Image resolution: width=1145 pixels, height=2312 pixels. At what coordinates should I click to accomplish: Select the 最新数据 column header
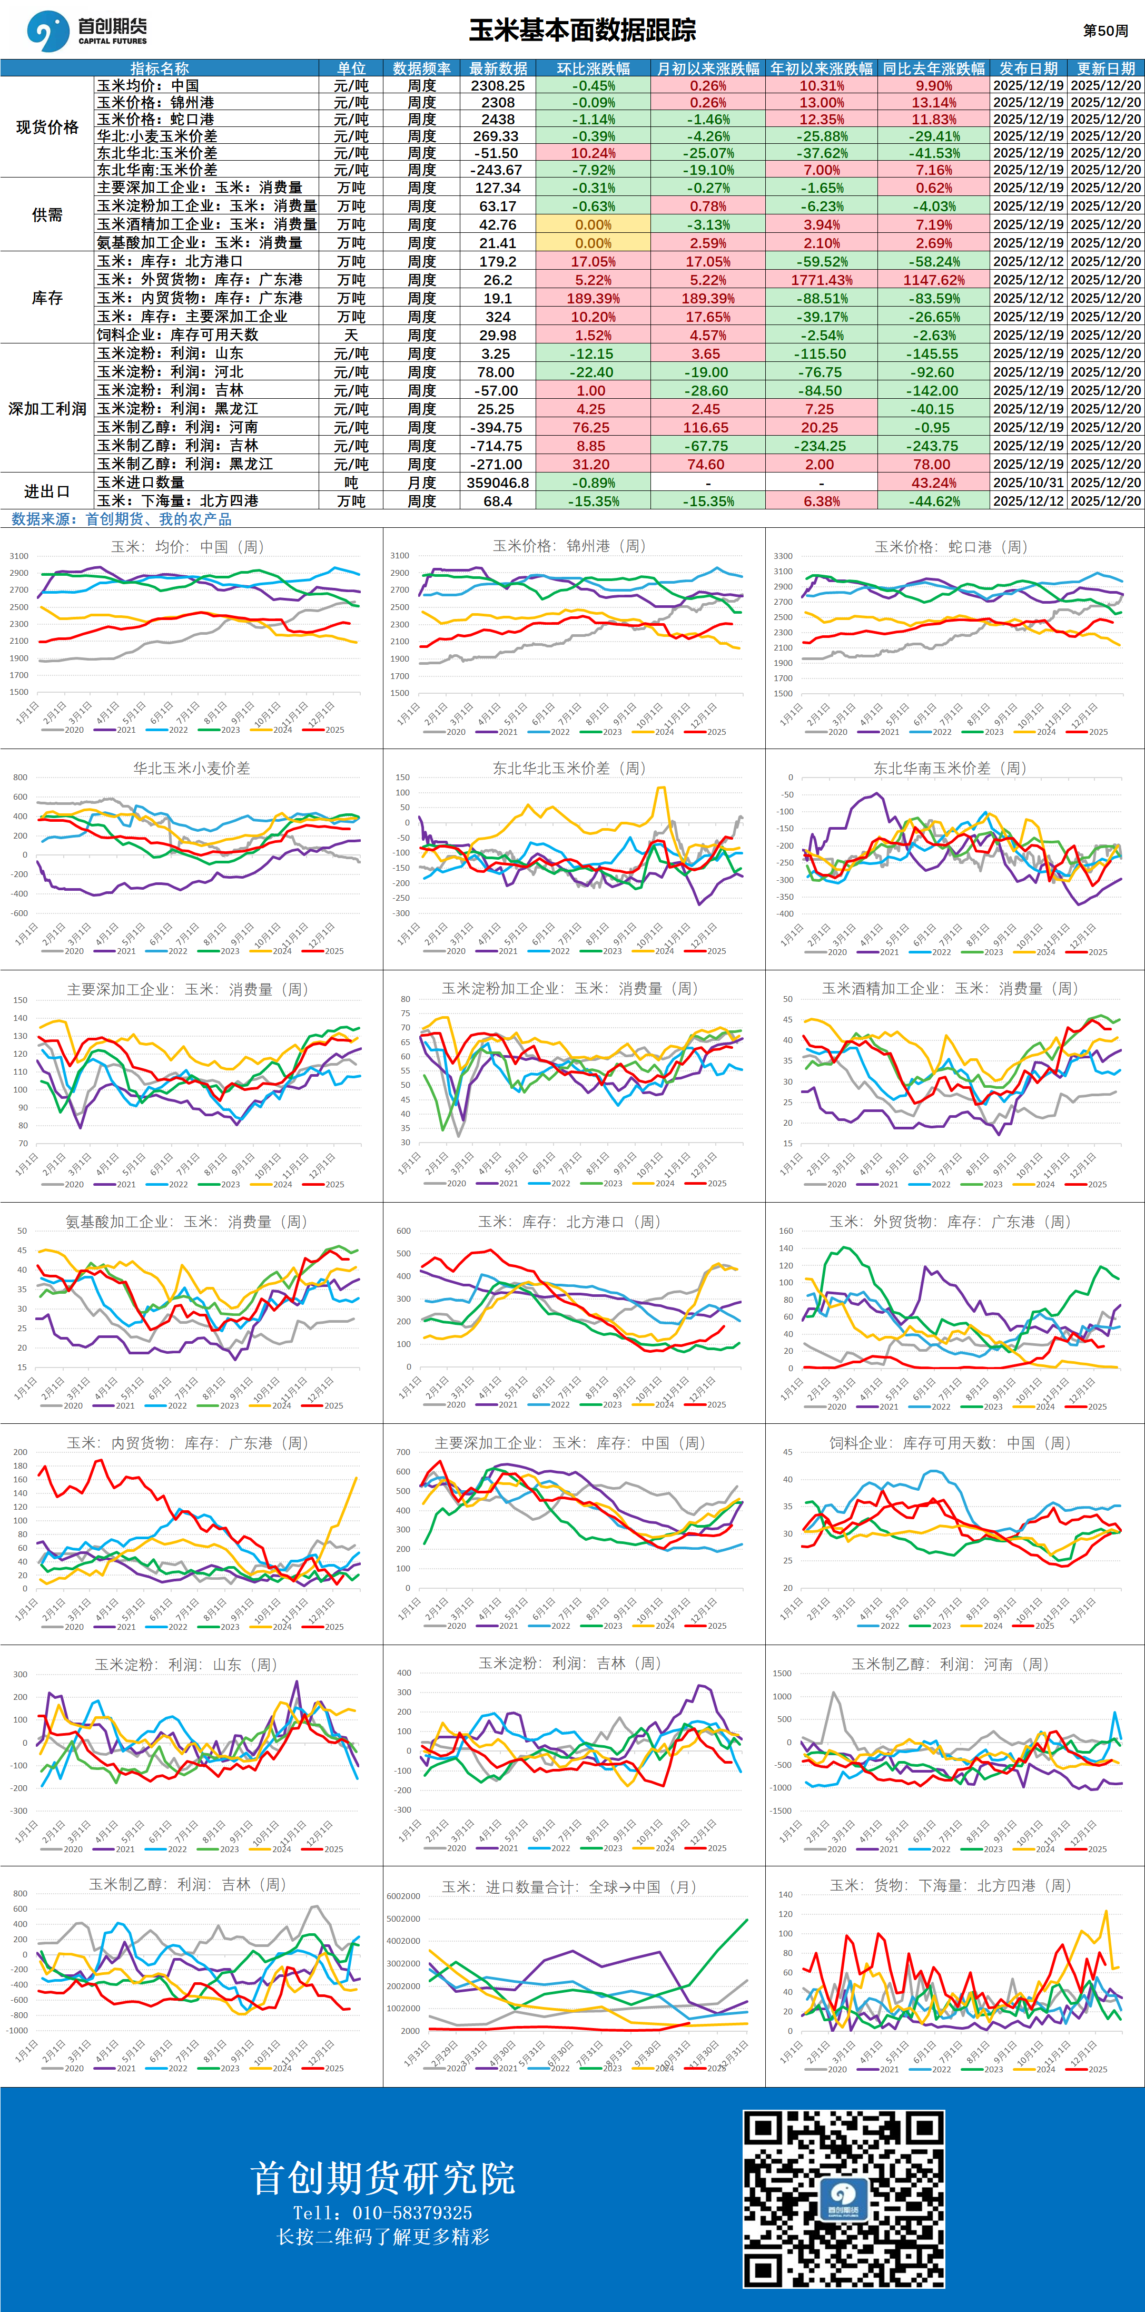click(x=498, y=68)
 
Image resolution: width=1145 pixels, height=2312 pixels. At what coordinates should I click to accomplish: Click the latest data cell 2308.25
click(x=498, y=85)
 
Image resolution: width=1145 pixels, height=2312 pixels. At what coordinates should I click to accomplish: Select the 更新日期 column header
click(x=1105, y=68)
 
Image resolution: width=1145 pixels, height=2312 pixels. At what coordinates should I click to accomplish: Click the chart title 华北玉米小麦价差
click(x=191, y=768)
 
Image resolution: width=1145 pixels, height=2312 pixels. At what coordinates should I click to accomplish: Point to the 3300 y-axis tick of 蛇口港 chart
click(x=783, y=556)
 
